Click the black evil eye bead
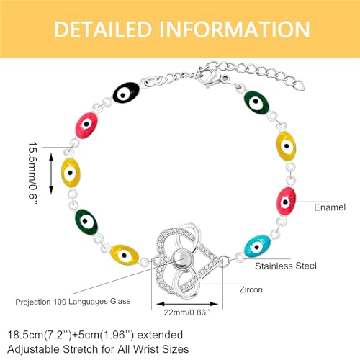pyautogui.click(x=126, y=93)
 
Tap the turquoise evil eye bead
pyautogui.click(x=257, y=246)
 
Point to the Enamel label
pyautogui.click(x=330, y=207)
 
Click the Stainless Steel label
pyautogui.click(x=286, y=266)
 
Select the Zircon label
pyautogui.click(x=251, y=289)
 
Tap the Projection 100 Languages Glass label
pyautogui.click(x=73, y=302)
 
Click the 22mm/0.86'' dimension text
pyautogui.click(x=186, y=312)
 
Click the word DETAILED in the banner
pyautogui.click(x=103, y=30)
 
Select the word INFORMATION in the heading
pyautogui.click(x=235, y=30)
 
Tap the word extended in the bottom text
pyautogui.click(x=160, y=335)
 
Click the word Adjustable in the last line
pyautogui.click(x=33, y=349)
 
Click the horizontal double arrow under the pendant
pyautogui.click(x=186, y=304)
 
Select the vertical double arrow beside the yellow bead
pyautogui.click(x=51, y=174)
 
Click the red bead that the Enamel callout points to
pyautogui.click(x=286, y=201)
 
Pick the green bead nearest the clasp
pyautogui.click(x=256, y=103)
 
